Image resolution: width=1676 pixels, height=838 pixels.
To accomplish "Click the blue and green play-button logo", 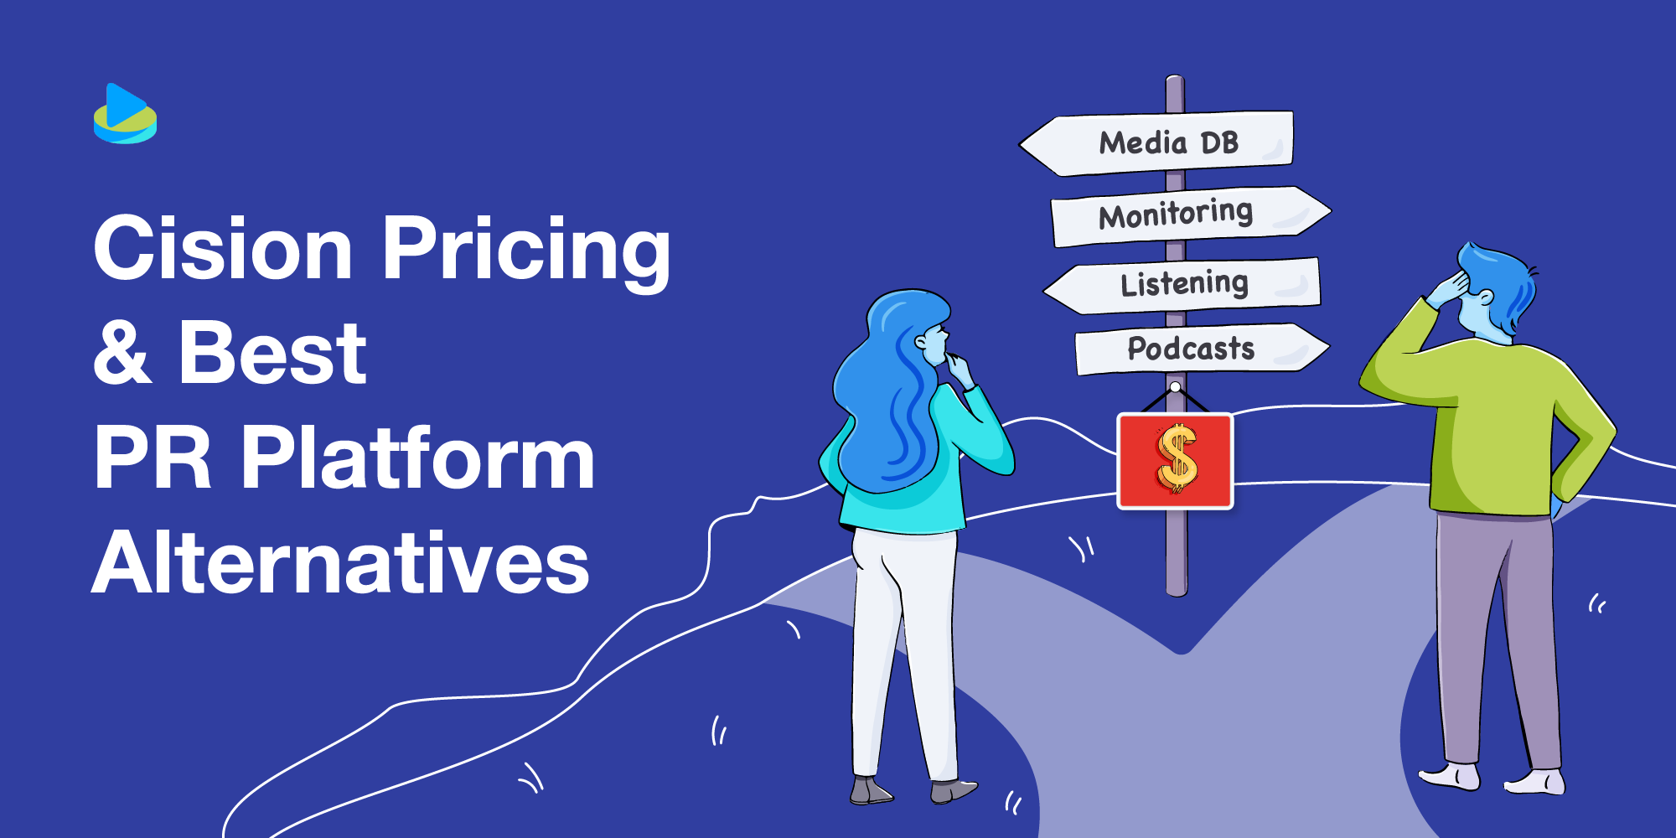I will point(125,114).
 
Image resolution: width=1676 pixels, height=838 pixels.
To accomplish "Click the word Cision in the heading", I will point(223,248).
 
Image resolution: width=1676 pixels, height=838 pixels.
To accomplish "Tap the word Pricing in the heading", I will point(526,250).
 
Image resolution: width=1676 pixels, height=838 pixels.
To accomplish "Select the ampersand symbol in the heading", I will point(122,352).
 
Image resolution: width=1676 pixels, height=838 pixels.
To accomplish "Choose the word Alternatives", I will point(340,563).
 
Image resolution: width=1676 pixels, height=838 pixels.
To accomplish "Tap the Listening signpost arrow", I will point(1183,285).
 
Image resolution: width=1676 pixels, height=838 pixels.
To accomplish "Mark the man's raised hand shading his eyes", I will point(1448,289).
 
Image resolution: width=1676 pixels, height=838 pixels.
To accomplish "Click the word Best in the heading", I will point(273,352).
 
